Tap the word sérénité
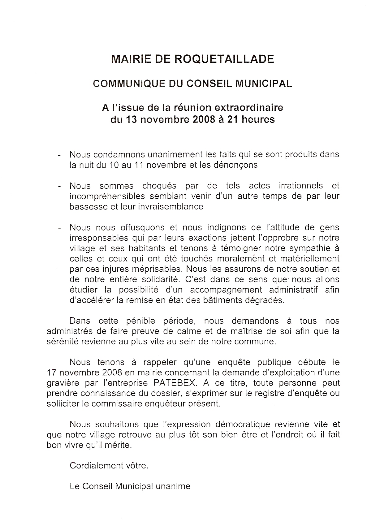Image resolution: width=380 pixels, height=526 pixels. (62, 342)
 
